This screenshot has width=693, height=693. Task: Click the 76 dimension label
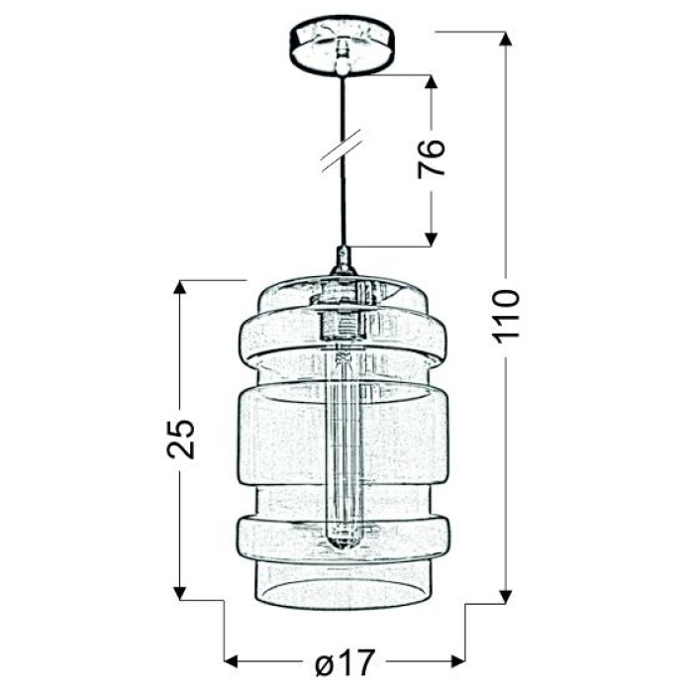[x=431, y=158]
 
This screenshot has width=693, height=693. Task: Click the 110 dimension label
[x=506, y=317]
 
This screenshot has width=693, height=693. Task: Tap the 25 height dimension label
[x=181, y=439]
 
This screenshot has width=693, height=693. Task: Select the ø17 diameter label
[x=346, y=661]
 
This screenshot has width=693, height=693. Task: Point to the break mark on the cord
[x=343, y=150]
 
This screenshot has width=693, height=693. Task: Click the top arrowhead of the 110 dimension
[x=506, y=39]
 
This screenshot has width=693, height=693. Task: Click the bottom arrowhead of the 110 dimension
[x=506, y=596]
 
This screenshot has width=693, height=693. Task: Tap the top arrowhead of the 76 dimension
[x=431, y=82]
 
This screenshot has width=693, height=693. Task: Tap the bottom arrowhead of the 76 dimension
[x=431, y=240]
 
